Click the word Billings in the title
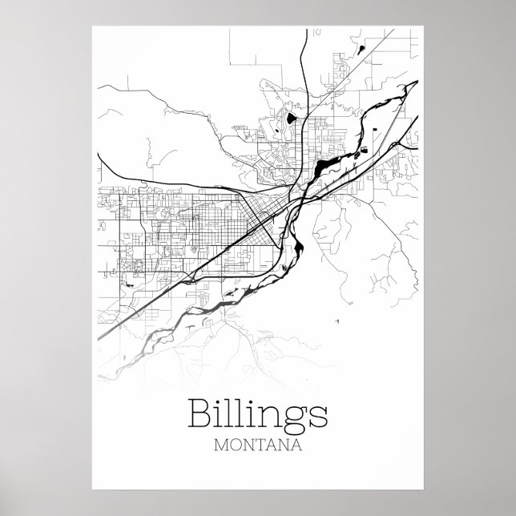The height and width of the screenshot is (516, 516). pyautogui.click(x=258, y=414)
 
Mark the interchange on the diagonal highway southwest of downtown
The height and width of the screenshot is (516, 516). pyautogui.click(x=189, y=276)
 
